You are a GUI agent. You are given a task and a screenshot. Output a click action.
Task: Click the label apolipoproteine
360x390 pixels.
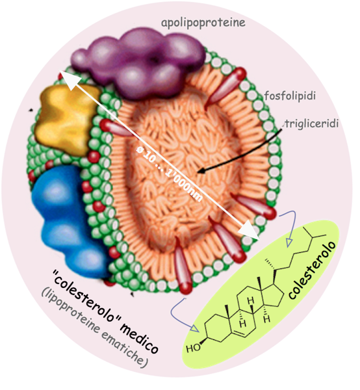click(203, 23)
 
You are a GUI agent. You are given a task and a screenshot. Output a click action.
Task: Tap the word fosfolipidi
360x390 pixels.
click(290, 96)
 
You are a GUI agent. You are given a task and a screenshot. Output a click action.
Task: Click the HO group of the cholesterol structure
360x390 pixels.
click(194, 348)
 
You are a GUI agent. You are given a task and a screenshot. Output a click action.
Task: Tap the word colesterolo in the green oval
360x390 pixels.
click(313, 270)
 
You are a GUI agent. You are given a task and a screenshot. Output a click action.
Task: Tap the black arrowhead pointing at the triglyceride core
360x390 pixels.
click(202, 171)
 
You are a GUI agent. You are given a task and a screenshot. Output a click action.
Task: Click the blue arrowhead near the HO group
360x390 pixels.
click(195, 328)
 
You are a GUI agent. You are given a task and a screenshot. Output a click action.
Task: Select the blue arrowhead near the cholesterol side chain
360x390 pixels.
click(289, 242)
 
